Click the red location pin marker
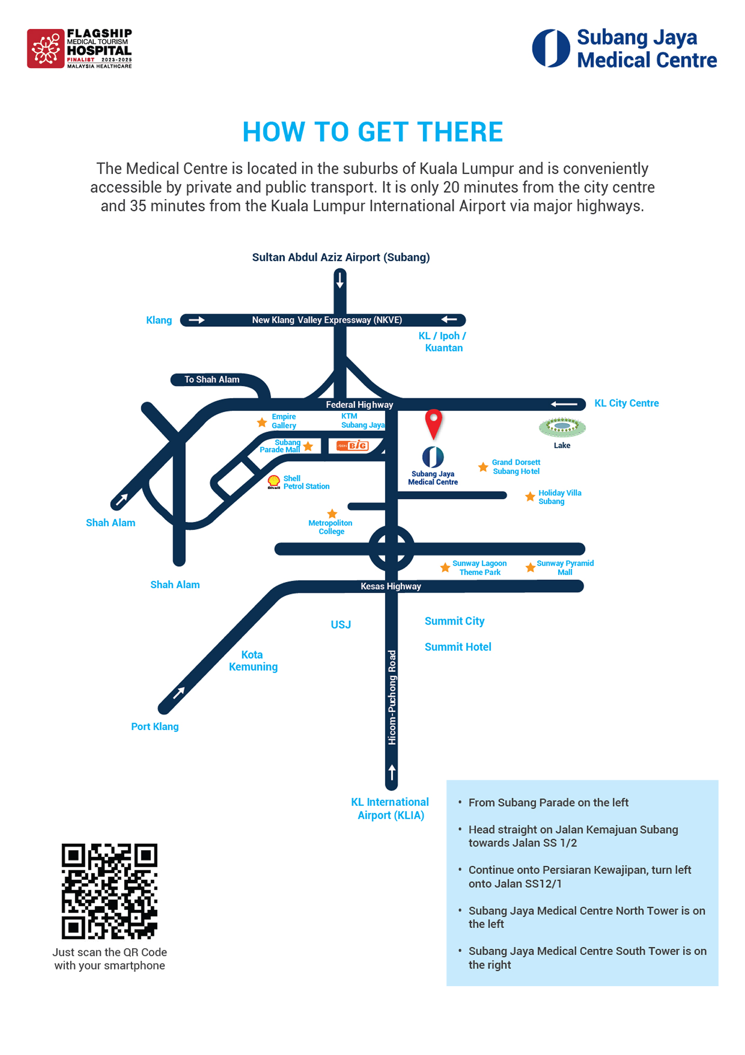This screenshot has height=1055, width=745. pos(433,422)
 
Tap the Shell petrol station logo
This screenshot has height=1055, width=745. pos(274,482)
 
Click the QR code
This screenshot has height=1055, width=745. pos(109,891)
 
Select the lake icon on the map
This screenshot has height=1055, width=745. pos(562,427)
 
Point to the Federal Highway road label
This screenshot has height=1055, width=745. pos(359,404)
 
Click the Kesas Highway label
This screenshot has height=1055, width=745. pos(391,586)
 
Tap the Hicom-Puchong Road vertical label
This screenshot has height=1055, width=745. pos(392,698)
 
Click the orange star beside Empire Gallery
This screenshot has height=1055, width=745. pos(262,422)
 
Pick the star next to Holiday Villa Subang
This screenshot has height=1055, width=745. pos(530,497)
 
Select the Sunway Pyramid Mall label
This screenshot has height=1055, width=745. pos(565,568)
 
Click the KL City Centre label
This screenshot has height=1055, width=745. pos(626,403)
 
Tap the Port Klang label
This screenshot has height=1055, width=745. pos(155,726)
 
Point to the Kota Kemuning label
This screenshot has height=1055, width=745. pos(253,660)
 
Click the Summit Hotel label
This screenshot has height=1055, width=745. pos(458,647)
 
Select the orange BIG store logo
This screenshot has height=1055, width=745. pos(353,445)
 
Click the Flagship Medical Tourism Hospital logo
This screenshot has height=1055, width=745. pos(79,48)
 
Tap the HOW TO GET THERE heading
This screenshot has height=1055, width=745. pos(372,132)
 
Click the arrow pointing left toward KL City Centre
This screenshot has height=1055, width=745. pos(564,404)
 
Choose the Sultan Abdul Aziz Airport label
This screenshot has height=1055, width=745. pos(341,257)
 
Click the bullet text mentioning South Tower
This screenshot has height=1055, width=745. pos(587,957)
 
